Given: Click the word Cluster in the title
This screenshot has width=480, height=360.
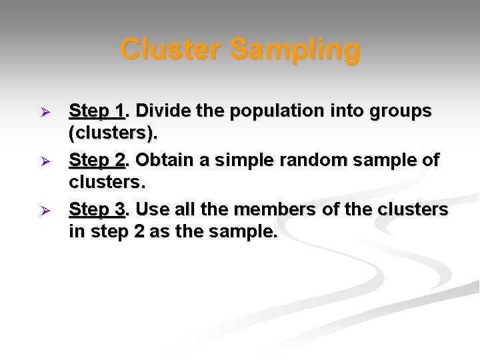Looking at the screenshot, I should pyautogui.click(x=171, y=49).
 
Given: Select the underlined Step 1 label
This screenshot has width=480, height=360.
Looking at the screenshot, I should pyautogui.click(x=97, y=110).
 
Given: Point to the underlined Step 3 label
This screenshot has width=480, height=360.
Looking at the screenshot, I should pyautogui.click(x=97, y=209).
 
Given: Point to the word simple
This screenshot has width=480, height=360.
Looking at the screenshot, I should pyautogui.click(x=250, y=160).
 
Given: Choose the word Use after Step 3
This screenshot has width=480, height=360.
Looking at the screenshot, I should pyautogui.click(x=152, y=209).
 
